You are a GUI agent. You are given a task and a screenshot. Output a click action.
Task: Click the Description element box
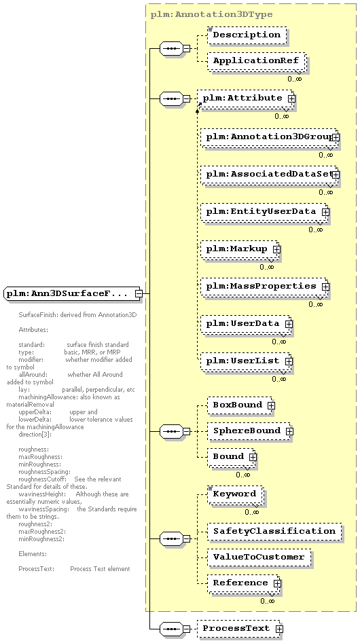click(247, 35)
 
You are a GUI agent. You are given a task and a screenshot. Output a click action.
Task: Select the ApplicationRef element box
click(257, 61)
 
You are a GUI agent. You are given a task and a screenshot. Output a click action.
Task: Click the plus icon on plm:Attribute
click(291, 98)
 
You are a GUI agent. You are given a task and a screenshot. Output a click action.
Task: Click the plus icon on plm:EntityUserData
click(325, 212)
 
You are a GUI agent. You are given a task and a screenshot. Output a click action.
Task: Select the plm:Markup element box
click(240, 249)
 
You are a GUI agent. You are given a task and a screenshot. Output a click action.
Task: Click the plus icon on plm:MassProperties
click(325, 287)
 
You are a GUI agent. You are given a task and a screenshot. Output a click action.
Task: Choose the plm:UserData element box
click(246, 324)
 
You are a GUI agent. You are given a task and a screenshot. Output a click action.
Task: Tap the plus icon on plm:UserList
click(289, 361)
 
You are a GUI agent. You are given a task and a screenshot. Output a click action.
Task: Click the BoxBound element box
click(240, 405)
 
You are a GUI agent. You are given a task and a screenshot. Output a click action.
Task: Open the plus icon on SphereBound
click(289, 431)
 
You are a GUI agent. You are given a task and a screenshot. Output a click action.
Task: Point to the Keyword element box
click(235, 494)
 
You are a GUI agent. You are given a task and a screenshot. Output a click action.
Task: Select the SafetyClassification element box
click(274, 532)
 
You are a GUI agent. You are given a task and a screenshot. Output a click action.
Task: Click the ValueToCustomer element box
click(259, 557)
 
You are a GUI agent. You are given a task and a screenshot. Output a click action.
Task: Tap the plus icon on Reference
click(277, 583)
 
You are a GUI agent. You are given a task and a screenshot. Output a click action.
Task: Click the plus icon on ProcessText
click(279, 629)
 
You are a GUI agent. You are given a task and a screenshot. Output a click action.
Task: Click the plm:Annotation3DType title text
click(211, 15)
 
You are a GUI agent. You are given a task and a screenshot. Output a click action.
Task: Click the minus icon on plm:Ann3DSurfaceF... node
click(139, 293)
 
